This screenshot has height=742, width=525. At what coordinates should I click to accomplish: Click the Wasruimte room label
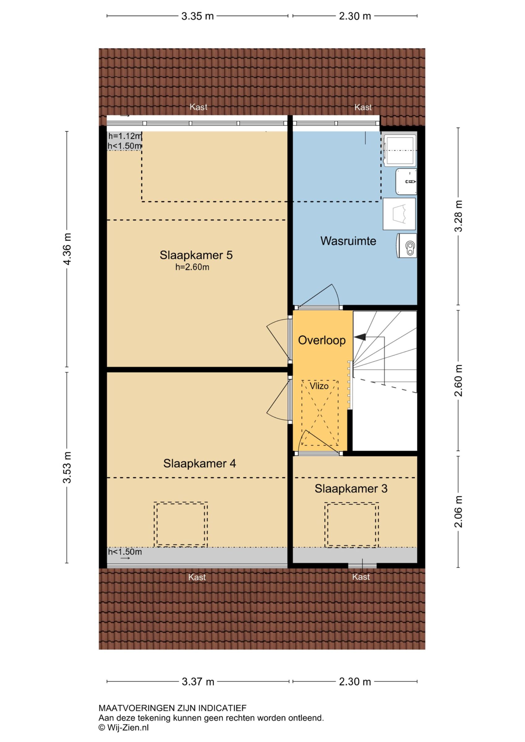(348, 241)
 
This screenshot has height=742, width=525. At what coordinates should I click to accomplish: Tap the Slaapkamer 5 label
(196, 255)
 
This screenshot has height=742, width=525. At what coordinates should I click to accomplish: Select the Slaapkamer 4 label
(199, 463)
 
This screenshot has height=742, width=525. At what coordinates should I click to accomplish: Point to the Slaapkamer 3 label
(351, 488)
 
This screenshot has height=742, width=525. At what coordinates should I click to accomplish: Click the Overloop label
(322, 340)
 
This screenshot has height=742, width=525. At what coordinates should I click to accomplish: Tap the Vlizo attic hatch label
(319, 386)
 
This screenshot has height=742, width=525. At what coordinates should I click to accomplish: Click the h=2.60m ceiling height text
(192, 267)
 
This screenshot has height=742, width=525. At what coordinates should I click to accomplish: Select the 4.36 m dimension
(67, 249)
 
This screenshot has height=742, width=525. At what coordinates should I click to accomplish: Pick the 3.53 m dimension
(67, 467)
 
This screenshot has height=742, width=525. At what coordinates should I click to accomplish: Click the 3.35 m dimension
(198, 16)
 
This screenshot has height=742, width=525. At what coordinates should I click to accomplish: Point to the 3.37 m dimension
(198, 682)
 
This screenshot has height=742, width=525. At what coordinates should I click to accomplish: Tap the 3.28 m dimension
(459, 216)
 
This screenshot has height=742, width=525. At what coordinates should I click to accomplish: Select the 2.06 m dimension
(459, 511)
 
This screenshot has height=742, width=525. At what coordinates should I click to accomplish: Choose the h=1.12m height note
(125, 136)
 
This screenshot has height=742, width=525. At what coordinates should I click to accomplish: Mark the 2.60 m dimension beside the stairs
(459, 380)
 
